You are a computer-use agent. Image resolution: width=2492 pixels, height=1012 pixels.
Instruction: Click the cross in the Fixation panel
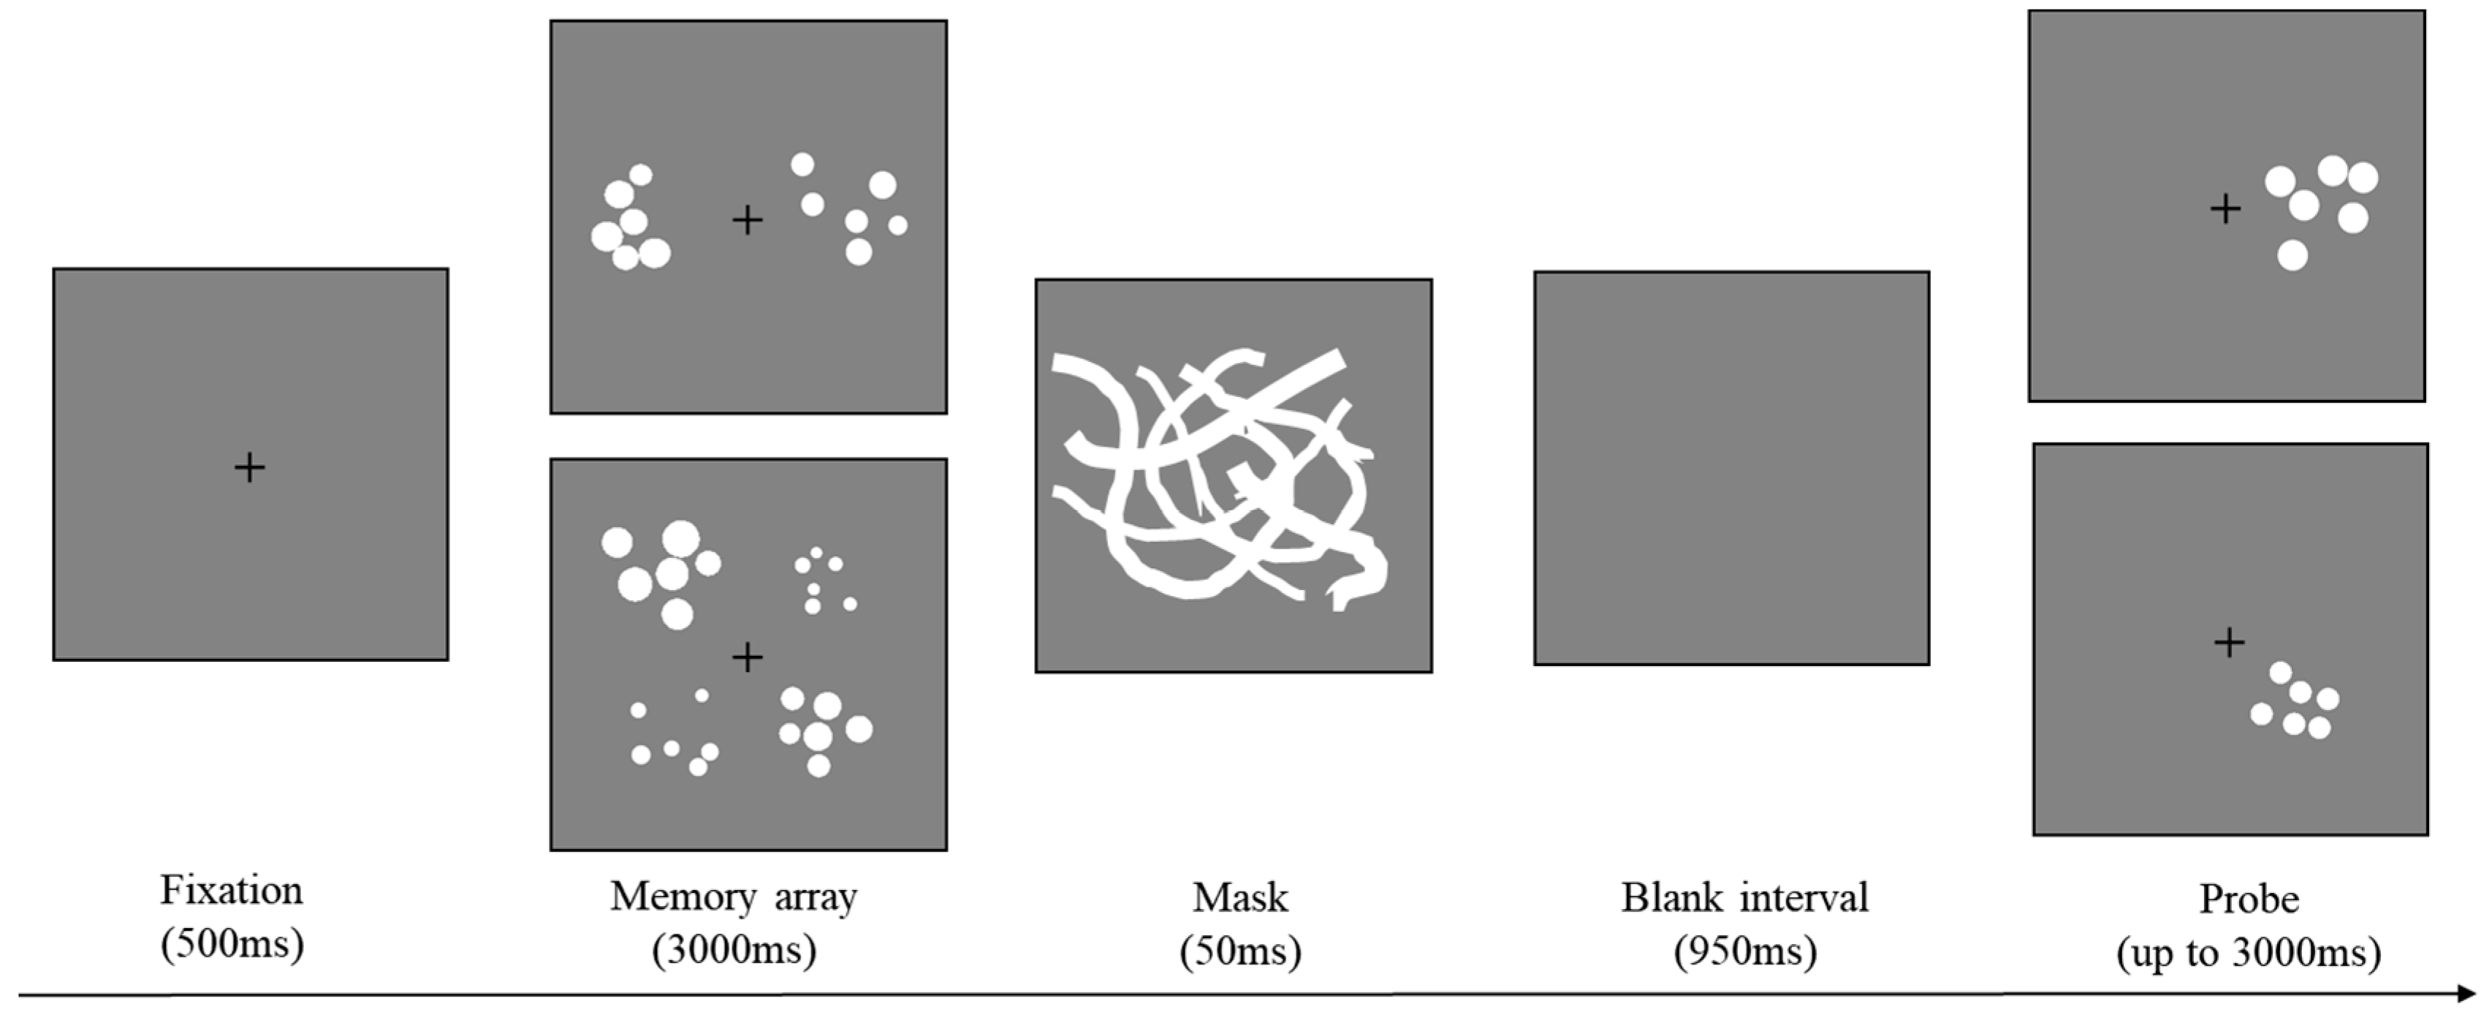click(250, 468)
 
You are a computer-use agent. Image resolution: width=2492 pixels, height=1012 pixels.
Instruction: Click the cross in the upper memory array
click(747, 221)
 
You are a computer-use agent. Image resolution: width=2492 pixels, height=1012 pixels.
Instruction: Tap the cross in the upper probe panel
click(2226, 209)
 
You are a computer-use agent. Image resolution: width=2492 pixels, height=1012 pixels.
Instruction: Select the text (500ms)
click(232, 944)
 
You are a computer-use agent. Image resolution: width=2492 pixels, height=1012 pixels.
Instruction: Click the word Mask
click(1240, 898)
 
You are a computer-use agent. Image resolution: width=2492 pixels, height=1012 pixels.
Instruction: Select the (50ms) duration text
click(1240, 952)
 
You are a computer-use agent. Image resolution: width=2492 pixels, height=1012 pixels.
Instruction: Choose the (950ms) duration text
click(1745, 952)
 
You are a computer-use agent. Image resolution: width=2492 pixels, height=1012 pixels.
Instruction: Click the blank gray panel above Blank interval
click(1732, 468)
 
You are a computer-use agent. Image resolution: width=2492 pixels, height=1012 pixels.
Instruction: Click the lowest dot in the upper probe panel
click(2292, 255)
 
